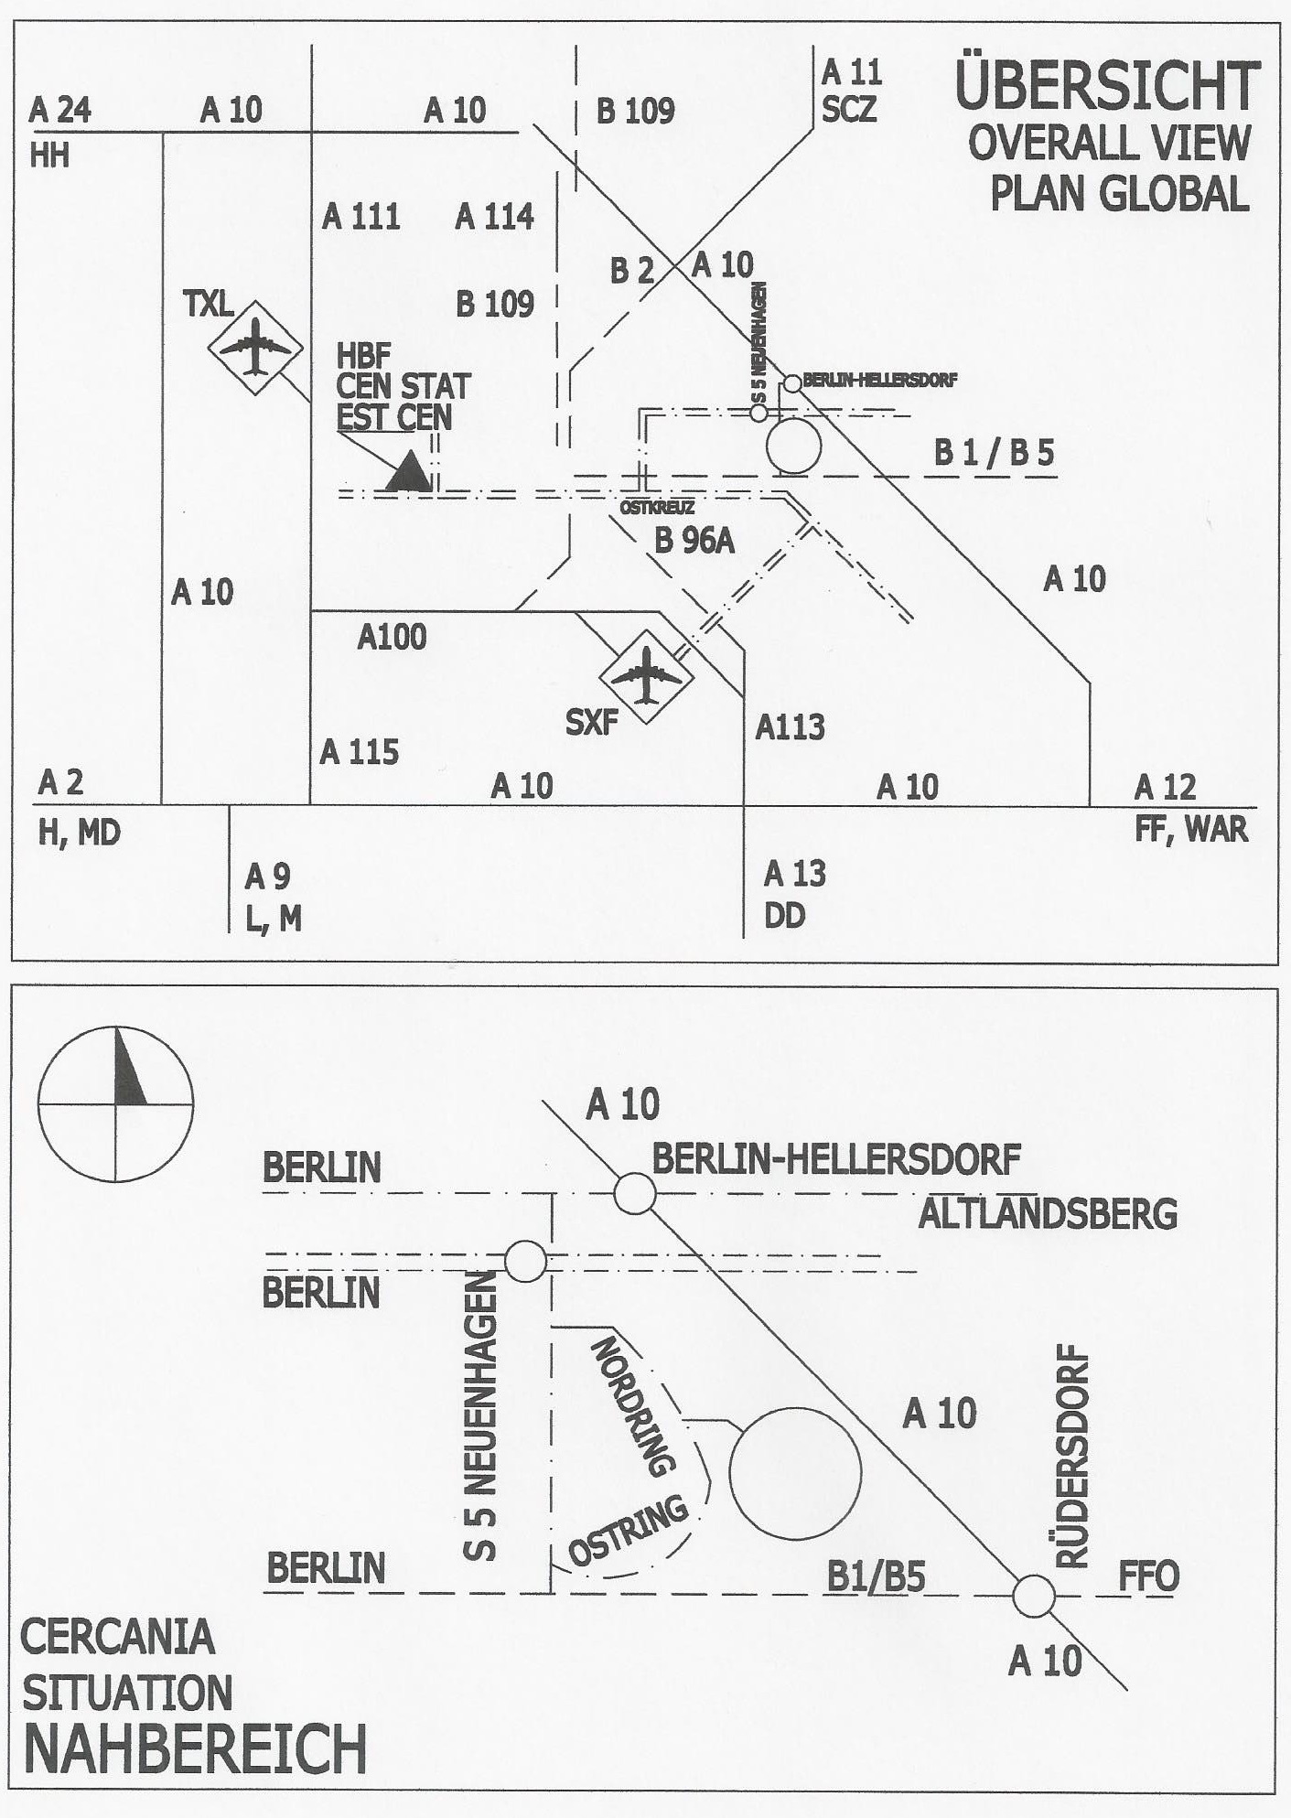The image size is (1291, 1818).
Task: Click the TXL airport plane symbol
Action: (x=253, y=348)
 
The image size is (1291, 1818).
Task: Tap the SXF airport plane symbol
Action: (x=646, y=676)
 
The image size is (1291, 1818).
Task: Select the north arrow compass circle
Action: (x=115, y=1103)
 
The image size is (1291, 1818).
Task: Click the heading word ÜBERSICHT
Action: (x=1107, y=87)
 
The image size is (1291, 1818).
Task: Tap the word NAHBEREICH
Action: (x=194, y=1748)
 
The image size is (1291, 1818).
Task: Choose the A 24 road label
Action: (x=60, y=111)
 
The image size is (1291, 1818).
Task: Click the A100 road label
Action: (x=392, y=636)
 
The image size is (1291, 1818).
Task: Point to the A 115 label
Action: (x=360, y=752)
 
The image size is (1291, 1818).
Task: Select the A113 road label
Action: (x=790, y=727)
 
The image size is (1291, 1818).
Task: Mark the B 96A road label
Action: (x=694, y=541)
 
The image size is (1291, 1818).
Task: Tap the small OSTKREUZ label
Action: (x=656, y=508)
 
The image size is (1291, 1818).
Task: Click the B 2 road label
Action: (x=632, y=272)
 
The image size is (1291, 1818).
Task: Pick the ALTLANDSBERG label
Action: (x=1048, y=1214)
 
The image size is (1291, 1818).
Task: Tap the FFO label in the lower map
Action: (x=1148, y=1576)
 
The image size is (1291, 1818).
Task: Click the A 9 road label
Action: (x=267, y=877)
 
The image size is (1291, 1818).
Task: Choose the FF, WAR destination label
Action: (x=1190, y=830)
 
